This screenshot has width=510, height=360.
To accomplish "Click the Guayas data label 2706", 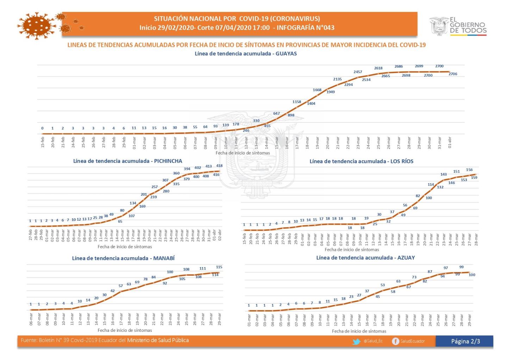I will point(453,74).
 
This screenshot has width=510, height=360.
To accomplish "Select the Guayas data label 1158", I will point(297,102).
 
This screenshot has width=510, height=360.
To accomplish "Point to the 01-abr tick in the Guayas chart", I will point(450,143).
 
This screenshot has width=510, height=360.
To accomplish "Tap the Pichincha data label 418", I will point(219,166).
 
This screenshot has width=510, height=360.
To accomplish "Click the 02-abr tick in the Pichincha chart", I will point(220,235).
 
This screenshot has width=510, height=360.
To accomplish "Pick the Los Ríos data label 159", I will point(474,178).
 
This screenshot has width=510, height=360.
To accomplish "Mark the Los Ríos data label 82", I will point(418,196).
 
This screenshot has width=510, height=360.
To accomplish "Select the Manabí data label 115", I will point(219,267).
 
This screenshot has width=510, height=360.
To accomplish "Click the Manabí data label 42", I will point(113,291).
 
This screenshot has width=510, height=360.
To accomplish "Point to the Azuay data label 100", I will point(472,275).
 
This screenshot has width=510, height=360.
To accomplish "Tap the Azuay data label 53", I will point(383,285).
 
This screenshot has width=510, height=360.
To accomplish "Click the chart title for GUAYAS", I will point(245,54).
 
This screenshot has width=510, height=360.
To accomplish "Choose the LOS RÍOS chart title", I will point(361,161).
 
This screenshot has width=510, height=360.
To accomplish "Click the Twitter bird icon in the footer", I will point(357,341).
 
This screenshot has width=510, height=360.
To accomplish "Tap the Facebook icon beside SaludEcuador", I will point(396,341).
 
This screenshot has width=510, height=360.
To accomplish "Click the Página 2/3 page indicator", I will point(465,341).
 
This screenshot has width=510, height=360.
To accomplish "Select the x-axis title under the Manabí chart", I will point(125,330).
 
